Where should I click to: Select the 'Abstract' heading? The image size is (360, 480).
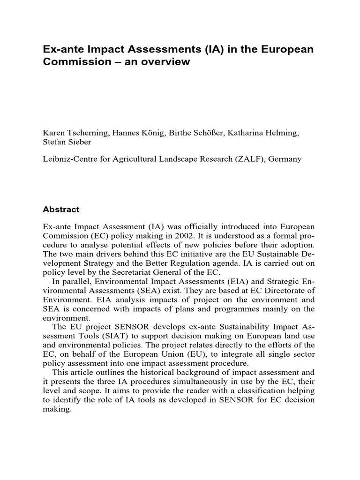tap(61, 210)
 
